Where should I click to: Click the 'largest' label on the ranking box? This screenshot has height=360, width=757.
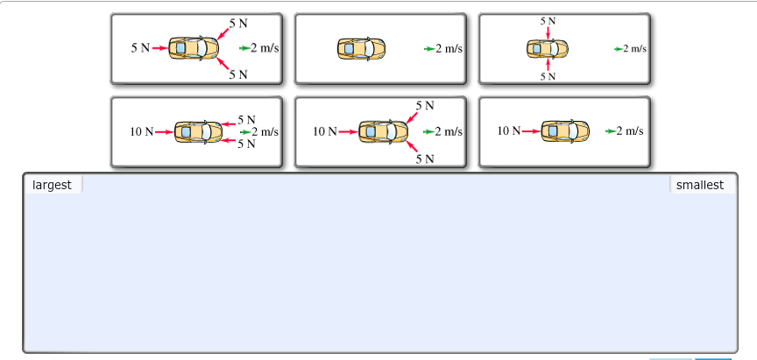click(52, 185)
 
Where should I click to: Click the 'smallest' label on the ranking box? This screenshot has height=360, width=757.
click(699, 185)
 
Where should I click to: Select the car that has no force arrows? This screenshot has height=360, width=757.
click(362, 48)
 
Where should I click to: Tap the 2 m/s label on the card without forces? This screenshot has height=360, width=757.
click(449, 48)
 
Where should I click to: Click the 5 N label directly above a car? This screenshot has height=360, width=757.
click(548, 20)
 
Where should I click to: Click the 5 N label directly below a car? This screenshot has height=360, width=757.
click(548, 76)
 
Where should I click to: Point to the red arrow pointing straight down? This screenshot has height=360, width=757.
click(548, 32)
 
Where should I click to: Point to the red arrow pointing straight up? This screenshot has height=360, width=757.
click(548, 64)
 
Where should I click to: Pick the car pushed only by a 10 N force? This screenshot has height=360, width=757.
click(565, 131)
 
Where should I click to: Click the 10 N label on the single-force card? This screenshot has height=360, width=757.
click(509, 131)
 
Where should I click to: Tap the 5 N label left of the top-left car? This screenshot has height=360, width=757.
click(140, 47)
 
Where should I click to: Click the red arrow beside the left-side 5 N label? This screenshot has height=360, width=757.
click(159, 48)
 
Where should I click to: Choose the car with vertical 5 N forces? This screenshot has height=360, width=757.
click(548, 48)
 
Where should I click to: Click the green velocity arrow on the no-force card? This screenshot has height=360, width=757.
click(428, 48)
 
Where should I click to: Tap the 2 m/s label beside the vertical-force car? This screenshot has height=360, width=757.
click(634, 48)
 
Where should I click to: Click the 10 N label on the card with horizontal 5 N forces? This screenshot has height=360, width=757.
click(142, 131)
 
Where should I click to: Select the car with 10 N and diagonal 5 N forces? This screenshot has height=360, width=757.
click(383, 131)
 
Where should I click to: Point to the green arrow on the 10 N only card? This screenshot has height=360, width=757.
click(611, 131)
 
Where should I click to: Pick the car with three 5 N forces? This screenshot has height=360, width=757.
click(194, 48)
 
